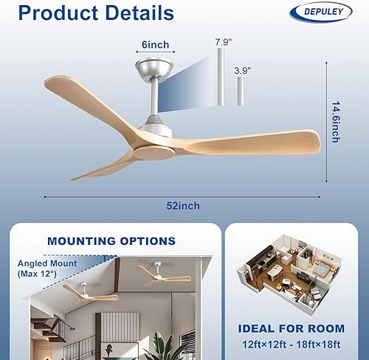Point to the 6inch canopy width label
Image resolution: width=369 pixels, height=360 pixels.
pyautogui.click(x=155, y=45)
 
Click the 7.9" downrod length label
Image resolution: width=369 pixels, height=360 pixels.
pyautogui.click(x=223, y=43)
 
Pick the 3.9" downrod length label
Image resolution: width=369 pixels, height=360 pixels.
pyautogui.click(x=242, y=71)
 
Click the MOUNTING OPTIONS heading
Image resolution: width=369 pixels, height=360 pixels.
pyautogui.click(x=111, y=240)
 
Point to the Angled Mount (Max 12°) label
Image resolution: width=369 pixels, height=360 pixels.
pyautogui.click(x=44, y=268)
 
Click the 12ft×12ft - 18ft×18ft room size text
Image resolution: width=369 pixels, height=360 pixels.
pyautogui.click(x=292, y=344)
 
